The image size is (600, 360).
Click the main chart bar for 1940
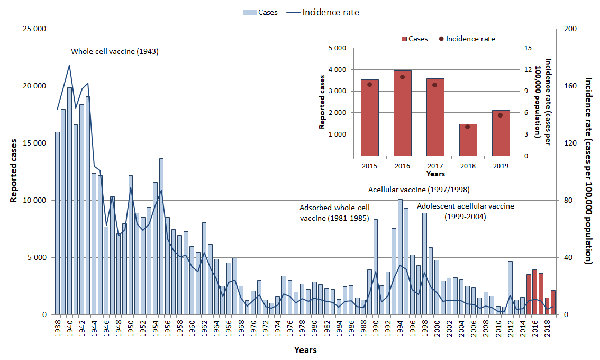coord(69,201)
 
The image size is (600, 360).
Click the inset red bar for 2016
coord(402,113)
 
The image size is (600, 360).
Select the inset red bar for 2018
coord(468,140)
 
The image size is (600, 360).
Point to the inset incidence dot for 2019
coord(500,115)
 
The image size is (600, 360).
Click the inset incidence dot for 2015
coord(369,84)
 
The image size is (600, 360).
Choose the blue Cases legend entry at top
coord(260,12)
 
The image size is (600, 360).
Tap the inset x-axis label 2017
coord(435,166)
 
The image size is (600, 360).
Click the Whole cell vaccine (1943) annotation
coord(115,51)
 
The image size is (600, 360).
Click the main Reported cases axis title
coord(13,170)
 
